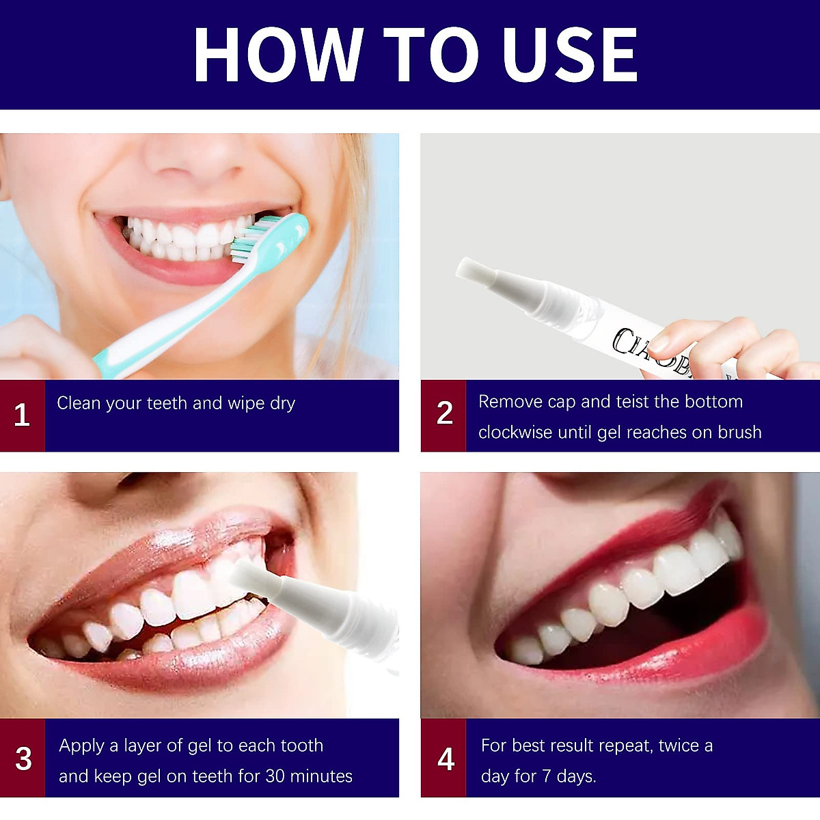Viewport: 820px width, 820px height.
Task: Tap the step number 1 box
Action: (22, 415)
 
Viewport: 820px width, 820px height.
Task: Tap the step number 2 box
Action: (444, 414)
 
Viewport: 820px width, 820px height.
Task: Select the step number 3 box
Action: (23, 758)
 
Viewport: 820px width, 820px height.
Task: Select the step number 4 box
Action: (446, 758)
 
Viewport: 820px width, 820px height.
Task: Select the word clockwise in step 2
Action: (515, 433)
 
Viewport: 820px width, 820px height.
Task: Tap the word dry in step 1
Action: (282, 404)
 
